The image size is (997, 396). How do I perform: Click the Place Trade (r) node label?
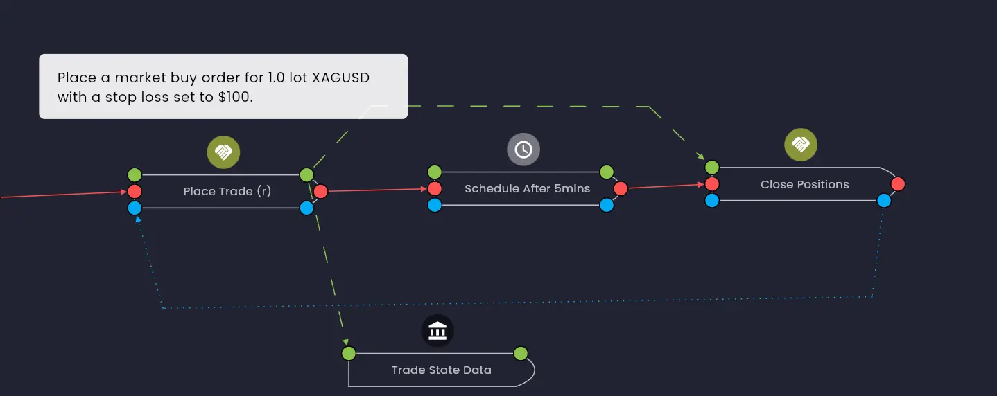[227, 191]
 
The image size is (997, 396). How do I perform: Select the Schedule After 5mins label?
[527, 188]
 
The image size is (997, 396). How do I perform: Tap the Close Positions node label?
[804, 184]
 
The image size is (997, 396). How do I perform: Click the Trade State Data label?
[441, 370]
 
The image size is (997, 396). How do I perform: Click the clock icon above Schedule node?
[523, 150]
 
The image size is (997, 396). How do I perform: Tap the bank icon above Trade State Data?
[437, 332]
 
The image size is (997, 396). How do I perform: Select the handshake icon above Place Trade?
[223, 152]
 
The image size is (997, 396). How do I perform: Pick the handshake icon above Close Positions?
[801, 145]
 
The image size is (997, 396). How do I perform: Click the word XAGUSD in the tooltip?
[340, 78]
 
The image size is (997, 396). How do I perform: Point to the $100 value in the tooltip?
[235, 97]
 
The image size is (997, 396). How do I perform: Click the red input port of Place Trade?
[135, 191]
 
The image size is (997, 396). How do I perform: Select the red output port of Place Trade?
[320, 191]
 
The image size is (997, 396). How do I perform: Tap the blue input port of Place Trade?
[135, 208]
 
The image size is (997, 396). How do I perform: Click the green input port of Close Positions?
[712, 168]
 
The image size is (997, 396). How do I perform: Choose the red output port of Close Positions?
[898, 184]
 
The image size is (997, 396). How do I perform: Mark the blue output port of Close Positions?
[884, 201]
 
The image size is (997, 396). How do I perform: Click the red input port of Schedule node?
[435, 188]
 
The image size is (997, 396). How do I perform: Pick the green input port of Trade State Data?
[349, 354]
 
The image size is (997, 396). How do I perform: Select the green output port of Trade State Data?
[521, 354]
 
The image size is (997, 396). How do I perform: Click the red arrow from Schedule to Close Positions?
[666, 186]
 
